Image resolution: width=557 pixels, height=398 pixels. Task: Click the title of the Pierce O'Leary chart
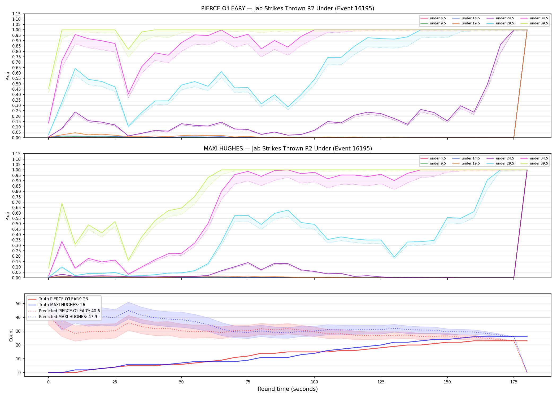pos(288,8)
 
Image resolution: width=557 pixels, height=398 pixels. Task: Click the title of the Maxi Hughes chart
pos(288,149)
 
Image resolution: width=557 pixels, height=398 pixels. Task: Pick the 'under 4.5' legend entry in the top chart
pos(433,18)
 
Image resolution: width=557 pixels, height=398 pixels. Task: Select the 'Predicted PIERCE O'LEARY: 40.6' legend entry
pos(64,311)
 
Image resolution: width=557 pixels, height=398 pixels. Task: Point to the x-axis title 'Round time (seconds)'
pos(288,389)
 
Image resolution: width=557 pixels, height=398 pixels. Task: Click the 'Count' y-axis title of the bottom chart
pos(11,335)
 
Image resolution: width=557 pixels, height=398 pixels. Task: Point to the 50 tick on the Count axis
pos(18,304)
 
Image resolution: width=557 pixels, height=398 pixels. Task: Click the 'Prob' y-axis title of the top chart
pos(8,76)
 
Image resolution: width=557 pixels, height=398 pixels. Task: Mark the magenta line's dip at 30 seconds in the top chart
pos(128,94)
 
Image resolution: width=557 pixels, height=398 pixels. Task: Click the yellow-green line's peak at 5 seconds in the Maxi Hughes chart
pos(62,203)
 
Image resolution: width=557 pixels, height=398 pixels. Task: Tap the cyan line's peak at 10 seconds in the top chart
pos(75,68)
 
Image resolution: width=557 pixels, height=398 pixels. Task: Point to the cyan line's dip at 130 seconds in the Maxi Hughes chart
pos(394,257)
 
